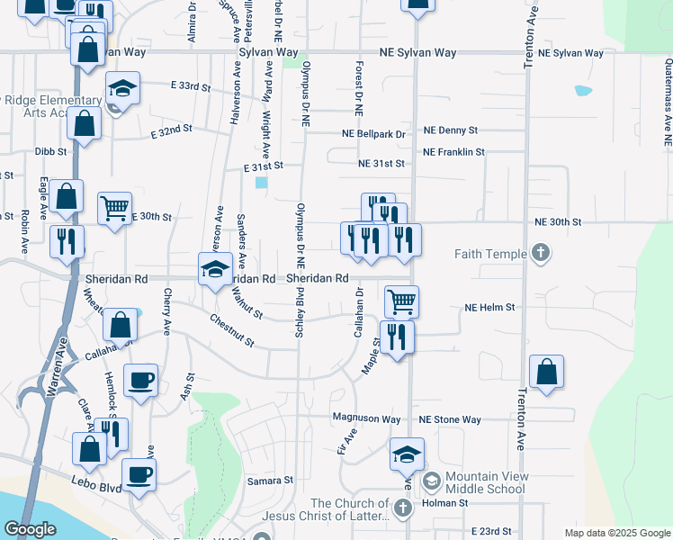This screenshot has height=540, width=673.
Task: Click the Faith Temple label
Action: pyautogui.click(x=490, y=254)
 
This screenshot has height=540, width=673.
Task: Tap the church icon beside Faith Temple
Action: pyautogui.click(x=540, y=253)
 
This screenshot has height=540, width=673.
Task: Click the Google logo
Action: pyautogui.click(x=30, y=529)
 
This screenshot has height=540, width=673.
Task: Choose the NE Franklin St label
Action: pyautogui.click(x=453, y=152)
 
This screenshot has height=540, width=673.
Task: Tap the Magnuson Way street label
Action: pyautogui.click(x=365, y=418)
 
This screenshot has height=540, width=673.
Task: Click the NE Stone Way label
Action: pyautogui.click(x=449, y=419)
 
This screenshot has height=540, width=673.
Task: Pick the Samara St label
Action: pyautogui.click(x=271, y=481)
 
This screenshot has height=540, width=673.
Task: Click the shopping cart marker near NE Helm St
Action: pyautogui.click(x=401, y=301)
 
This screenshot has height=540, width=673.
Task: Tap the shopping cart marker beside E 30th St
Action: pyautogui.click(x=114, y=209)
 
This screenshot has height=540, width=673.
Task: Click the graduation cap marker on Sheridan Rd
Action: pyautogui.click(x=215, y=269)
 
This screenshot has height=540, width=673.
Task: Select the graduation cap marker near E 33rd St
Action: pyautogui.click(x=121, y=89)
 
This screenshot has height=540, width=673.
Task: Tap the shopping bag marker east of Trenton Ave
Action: pyautogui.click(x=546, y=372)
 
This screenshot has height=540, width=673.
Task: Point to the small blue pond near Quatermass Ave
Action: pyautogui.click(x=583, y=91)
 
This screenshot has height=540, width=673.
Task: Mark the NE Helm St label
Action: pyautogui.click(x=489, y=307)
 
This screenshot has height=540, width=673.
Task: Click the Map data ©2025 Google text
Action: pyautogui.click(x=616, y=533)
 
